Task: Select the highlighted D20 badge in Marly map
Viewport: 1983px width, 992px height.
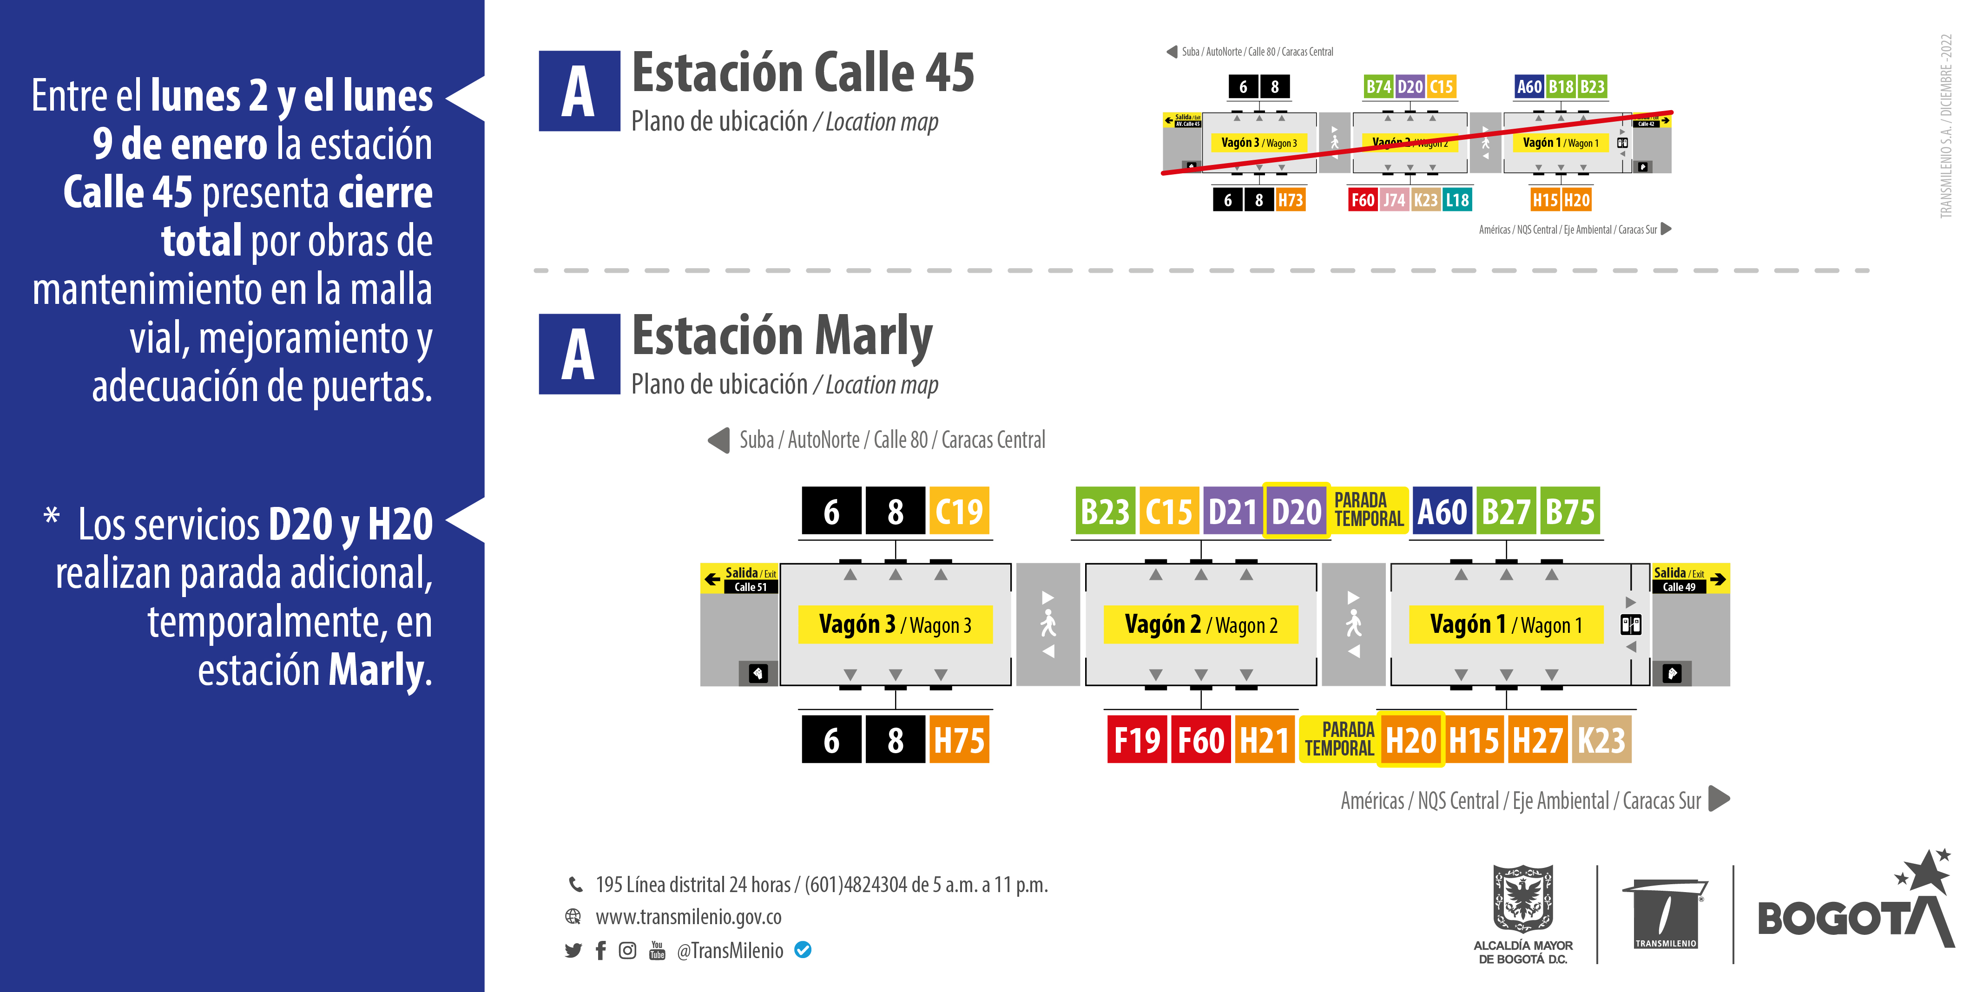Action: pyautogui.click(x=1296, y=511)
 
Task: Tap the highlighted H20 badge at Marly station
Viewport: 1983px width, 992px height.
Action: pyautogui.click(x=1410, y=740)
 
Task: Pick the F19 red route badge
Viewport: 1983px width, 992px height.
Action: pyautogui.click(x=1137, y=740)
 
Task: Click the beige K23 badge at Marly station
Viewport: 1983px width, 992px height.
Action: pyautogui.click(x=1601, y=740)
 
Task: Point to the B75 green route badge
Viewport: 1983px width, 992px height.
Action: pyautogui.click(x=1569, y=511)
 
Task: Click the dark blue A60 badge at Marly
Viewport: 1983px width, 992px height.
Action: pyautogui.click(x=1442, y=511)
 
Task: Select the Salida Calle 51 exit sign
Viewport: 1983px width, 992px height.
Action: pyautogui.click(x=740, y=579)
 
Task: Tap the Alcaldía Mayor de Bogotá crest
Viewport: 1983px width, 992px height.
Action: pyautogui.click(x=1522, y=912)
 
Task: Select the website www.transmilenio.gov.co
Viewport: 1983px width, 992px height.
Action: pyautogui.click(x=688, y=917)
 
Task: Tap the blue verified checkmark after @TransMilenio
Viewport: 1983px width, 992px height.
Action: pyautogui.click(x=803, y=951)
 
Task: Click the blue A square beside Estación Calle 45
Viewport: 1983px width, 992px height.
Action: pyautogui.click(x=579, y=91)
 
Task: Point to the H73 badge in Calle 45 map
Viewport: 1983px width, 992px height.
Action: pyautogui.click(x=1290, y=200)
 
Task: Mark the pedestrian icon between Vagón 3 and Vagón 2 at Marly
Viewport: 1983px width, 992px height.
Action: pyautogui.click(x=1047, y=624)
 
